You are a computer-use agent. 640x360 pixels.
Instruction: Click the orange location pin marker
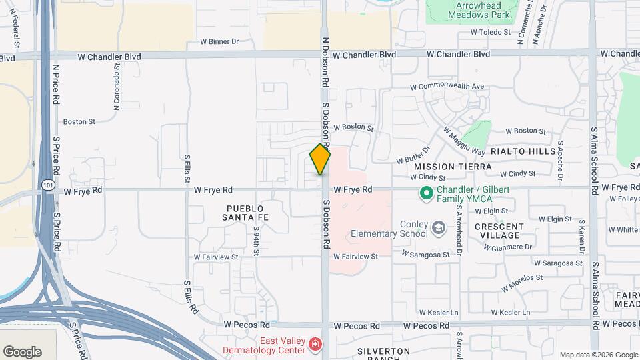coord(320,159)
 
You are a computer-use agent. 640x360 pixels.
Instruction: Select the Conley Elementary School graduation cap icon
coord(438,229)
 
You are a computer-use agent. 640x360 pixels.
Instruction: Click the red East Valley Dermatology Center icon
coord(315,344)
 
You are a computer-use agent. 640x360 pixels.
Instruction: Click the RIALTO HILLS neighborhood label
coord(523,151)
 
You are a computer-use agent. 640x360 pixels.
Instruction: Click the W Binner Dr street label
coord(219,41)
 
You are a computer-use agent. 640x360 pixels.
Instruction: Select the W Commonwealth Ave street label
coord(447,87)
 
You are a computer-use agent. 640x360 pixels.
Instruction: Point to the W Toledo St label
coord(490,32)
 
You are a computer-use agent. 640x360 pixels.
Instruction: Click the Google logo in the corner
coord(22,352)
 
